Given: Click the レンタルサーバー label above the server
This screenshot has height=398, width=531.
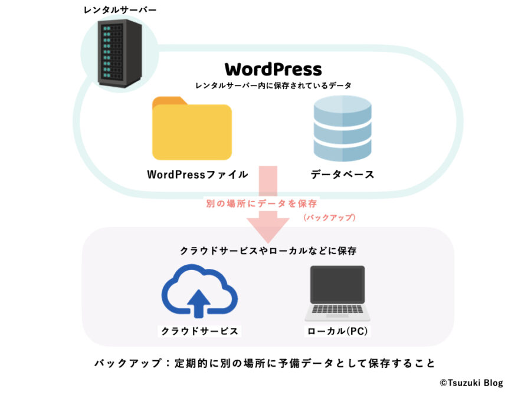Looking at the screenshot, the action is (x=120, y=10).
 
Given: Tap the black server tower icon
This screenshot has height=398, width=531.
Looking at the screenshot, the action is (x=120, y=53).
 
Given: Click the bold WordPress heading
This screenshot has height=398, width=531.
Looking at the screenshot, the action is (x=273, y=70).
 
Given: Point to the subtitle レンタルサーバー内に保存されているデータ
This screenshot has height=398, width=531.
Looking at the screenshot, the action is (x=273, y=85).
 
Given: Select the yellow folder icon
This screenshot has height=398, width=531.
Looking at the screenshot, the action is (x=192, y=129).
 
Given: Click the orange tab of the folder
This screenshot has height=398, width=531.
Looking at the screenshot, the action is (x=169, y=101).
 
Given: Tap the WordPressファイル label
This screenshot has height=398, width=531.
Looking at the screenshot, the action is (x=198, y=175).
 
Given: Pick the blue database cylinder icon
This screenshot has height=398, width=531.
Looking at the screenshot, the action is (x=342, y=129).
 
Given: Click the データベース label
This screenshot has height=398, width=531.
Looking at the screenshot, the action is (x=342, y=175).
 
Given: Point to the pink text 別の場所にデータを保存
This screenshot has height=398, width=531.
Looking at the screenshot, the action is (x=261, y=203).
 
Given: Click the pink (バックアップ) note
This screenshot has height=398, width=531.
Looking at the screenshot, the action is (x=329, y=217).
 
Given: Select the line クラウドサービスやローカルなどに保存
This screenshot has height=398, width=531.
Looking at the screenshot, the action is (x=268, y=251).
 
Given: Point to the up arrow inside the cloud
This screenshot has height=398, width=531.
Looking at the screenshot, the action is (x=199, y=303).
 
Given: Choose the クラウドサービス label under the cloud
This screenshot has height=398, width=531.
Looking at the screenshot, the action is (x=199, y=331).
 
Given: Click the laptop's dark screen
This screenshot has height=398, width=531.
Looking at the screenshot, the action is (x=337, y=284).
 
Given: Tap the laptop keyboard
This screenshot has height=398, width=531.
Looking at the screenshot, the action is (x=337, y=309).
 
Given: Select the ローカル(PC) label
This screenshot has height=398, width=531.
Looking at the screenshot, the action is (x=337, y=331).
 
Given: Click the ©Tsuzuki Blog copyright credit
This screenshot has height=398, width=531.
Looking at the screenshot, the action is (x=471, y=383).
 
